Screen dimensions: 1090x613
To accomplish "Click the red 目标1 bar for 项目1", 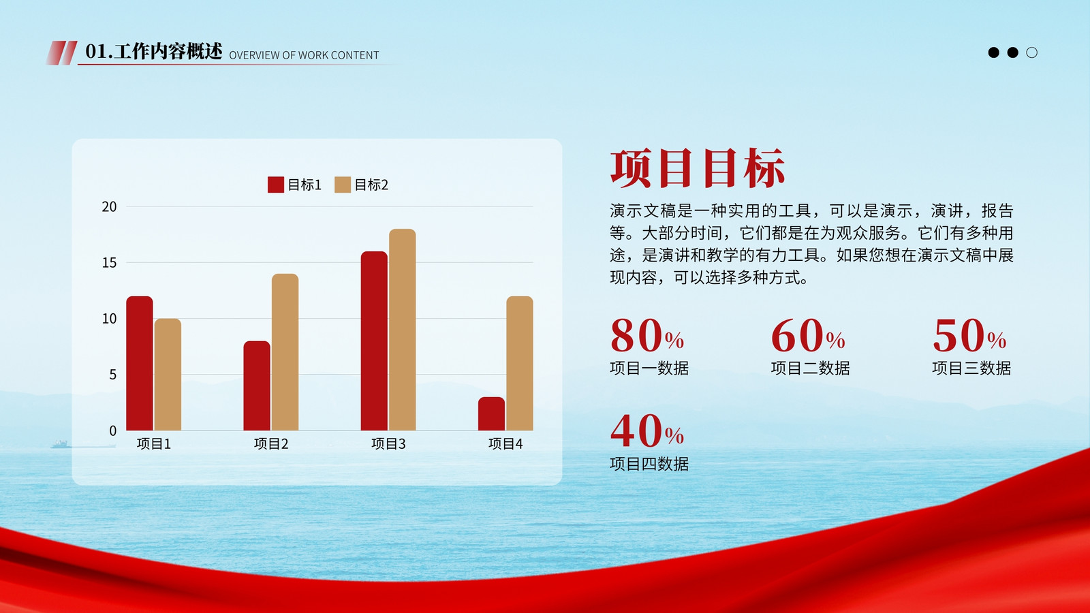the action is [x=140, y=364].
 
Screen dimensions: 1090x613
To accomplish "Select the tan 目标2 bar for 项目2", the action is [x=285, y=352].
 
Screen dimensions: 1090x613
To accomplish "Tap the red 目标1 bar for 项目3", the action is [x=374, y=341].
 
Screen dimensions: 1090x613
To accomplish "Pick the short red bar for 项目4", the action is [x=491, y=414].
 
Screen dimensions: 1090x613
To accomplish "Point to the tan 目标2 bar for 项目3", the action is [x=403, y=330].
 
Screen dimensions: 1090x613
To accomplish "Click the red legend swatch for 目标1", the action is [x=276, y=185].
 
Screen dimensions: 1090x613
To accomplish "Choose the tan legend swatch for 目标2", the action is [x=343, y=185].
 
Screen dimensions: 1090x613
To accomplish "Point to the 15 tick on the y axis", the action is [x=110, y=263].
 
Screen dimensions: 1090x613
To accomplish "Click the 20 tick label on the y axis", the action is [x=110, y=207].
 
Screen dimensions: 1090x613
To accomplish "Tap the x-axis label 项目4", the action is [x=505, y=443].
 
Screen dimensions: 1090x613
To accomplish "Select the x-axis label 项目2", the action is [x=271, y=443].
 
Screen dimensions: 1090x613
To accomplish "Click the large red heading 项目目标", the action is [x=698, y=168].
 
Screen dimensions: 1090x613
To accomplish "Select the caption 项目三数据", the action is [x=971, y=368].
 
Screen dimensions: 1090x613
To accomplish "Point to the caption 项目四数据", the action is [x=649, y=464].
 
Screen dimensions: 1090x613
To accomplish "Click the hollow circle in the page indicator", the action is [x=1031, y=52].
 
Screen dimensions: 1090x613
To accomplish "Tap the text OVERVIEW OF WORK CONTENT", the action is [x=304, y=55].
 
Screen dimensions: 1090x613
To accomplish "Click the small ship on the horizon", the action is [x=60, y=444].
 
